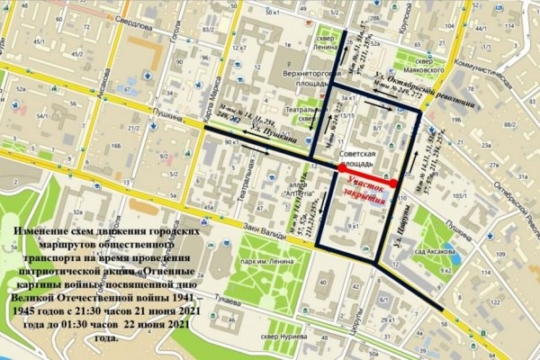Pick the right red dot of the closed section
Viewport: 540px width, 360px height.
tap(393, 184)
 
